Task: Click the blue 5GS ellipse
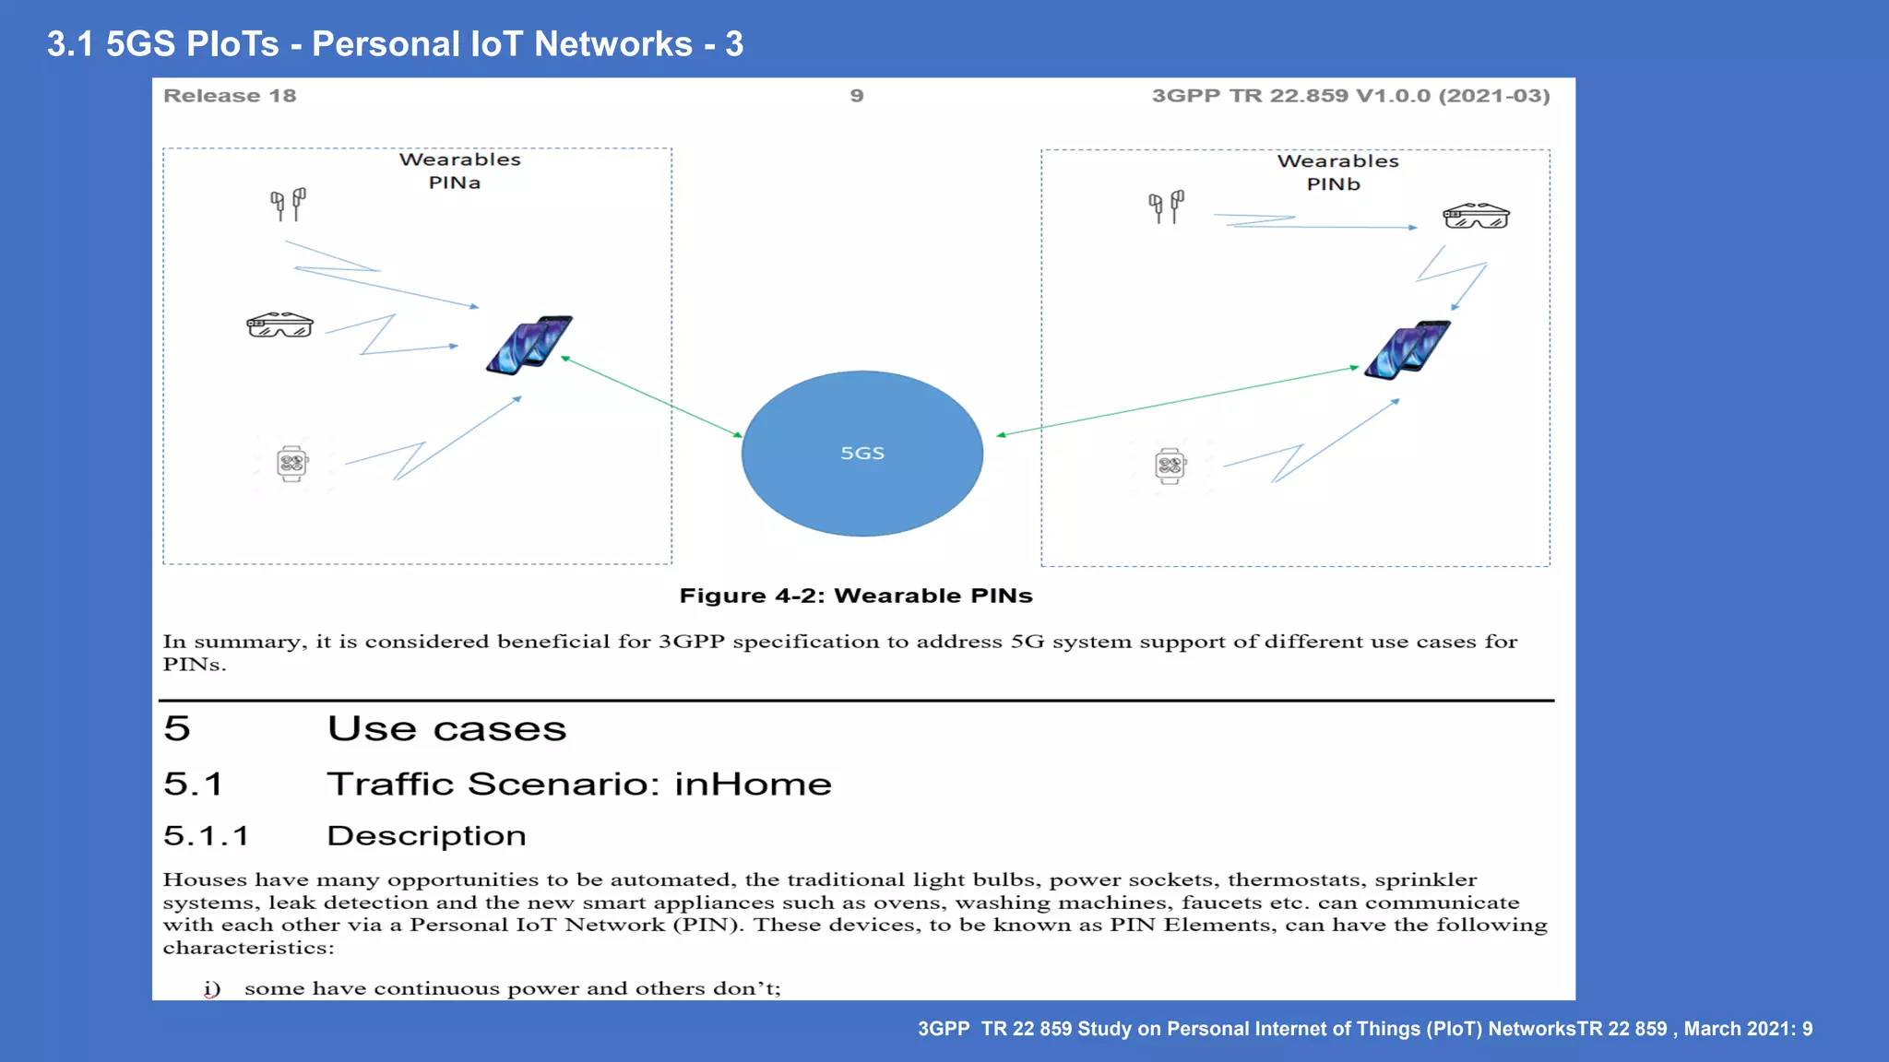(861, 453)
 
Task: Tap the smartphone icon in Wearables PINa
(529, 345)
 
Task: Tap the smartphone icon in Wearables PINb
(1407, 350)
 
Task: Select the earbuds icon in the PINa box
(288, 204)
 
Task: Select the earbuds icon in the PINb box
(1166, 206)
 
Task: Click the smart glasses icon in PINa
(279, 325)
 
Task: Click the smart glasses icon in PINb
(1476, 217)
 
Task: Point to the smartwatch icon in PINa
(291, 463)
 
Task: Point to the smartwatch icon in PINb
(1170, 466)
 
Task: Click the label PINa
(455, 183)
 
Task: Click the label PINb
(1333, 184)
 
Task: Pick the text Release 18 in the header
(230, 96)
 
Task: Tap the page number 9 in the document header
(857, 96)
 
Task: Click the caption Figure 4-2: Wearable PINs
(855, 596)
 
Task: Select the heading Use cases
(446, 729)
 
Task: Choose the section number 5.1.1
(206, 836)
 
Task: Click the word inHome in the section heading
(753, 785)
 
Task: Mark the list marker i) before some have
(212, 988)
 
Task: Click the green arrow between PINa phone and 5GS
(651, 396)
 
